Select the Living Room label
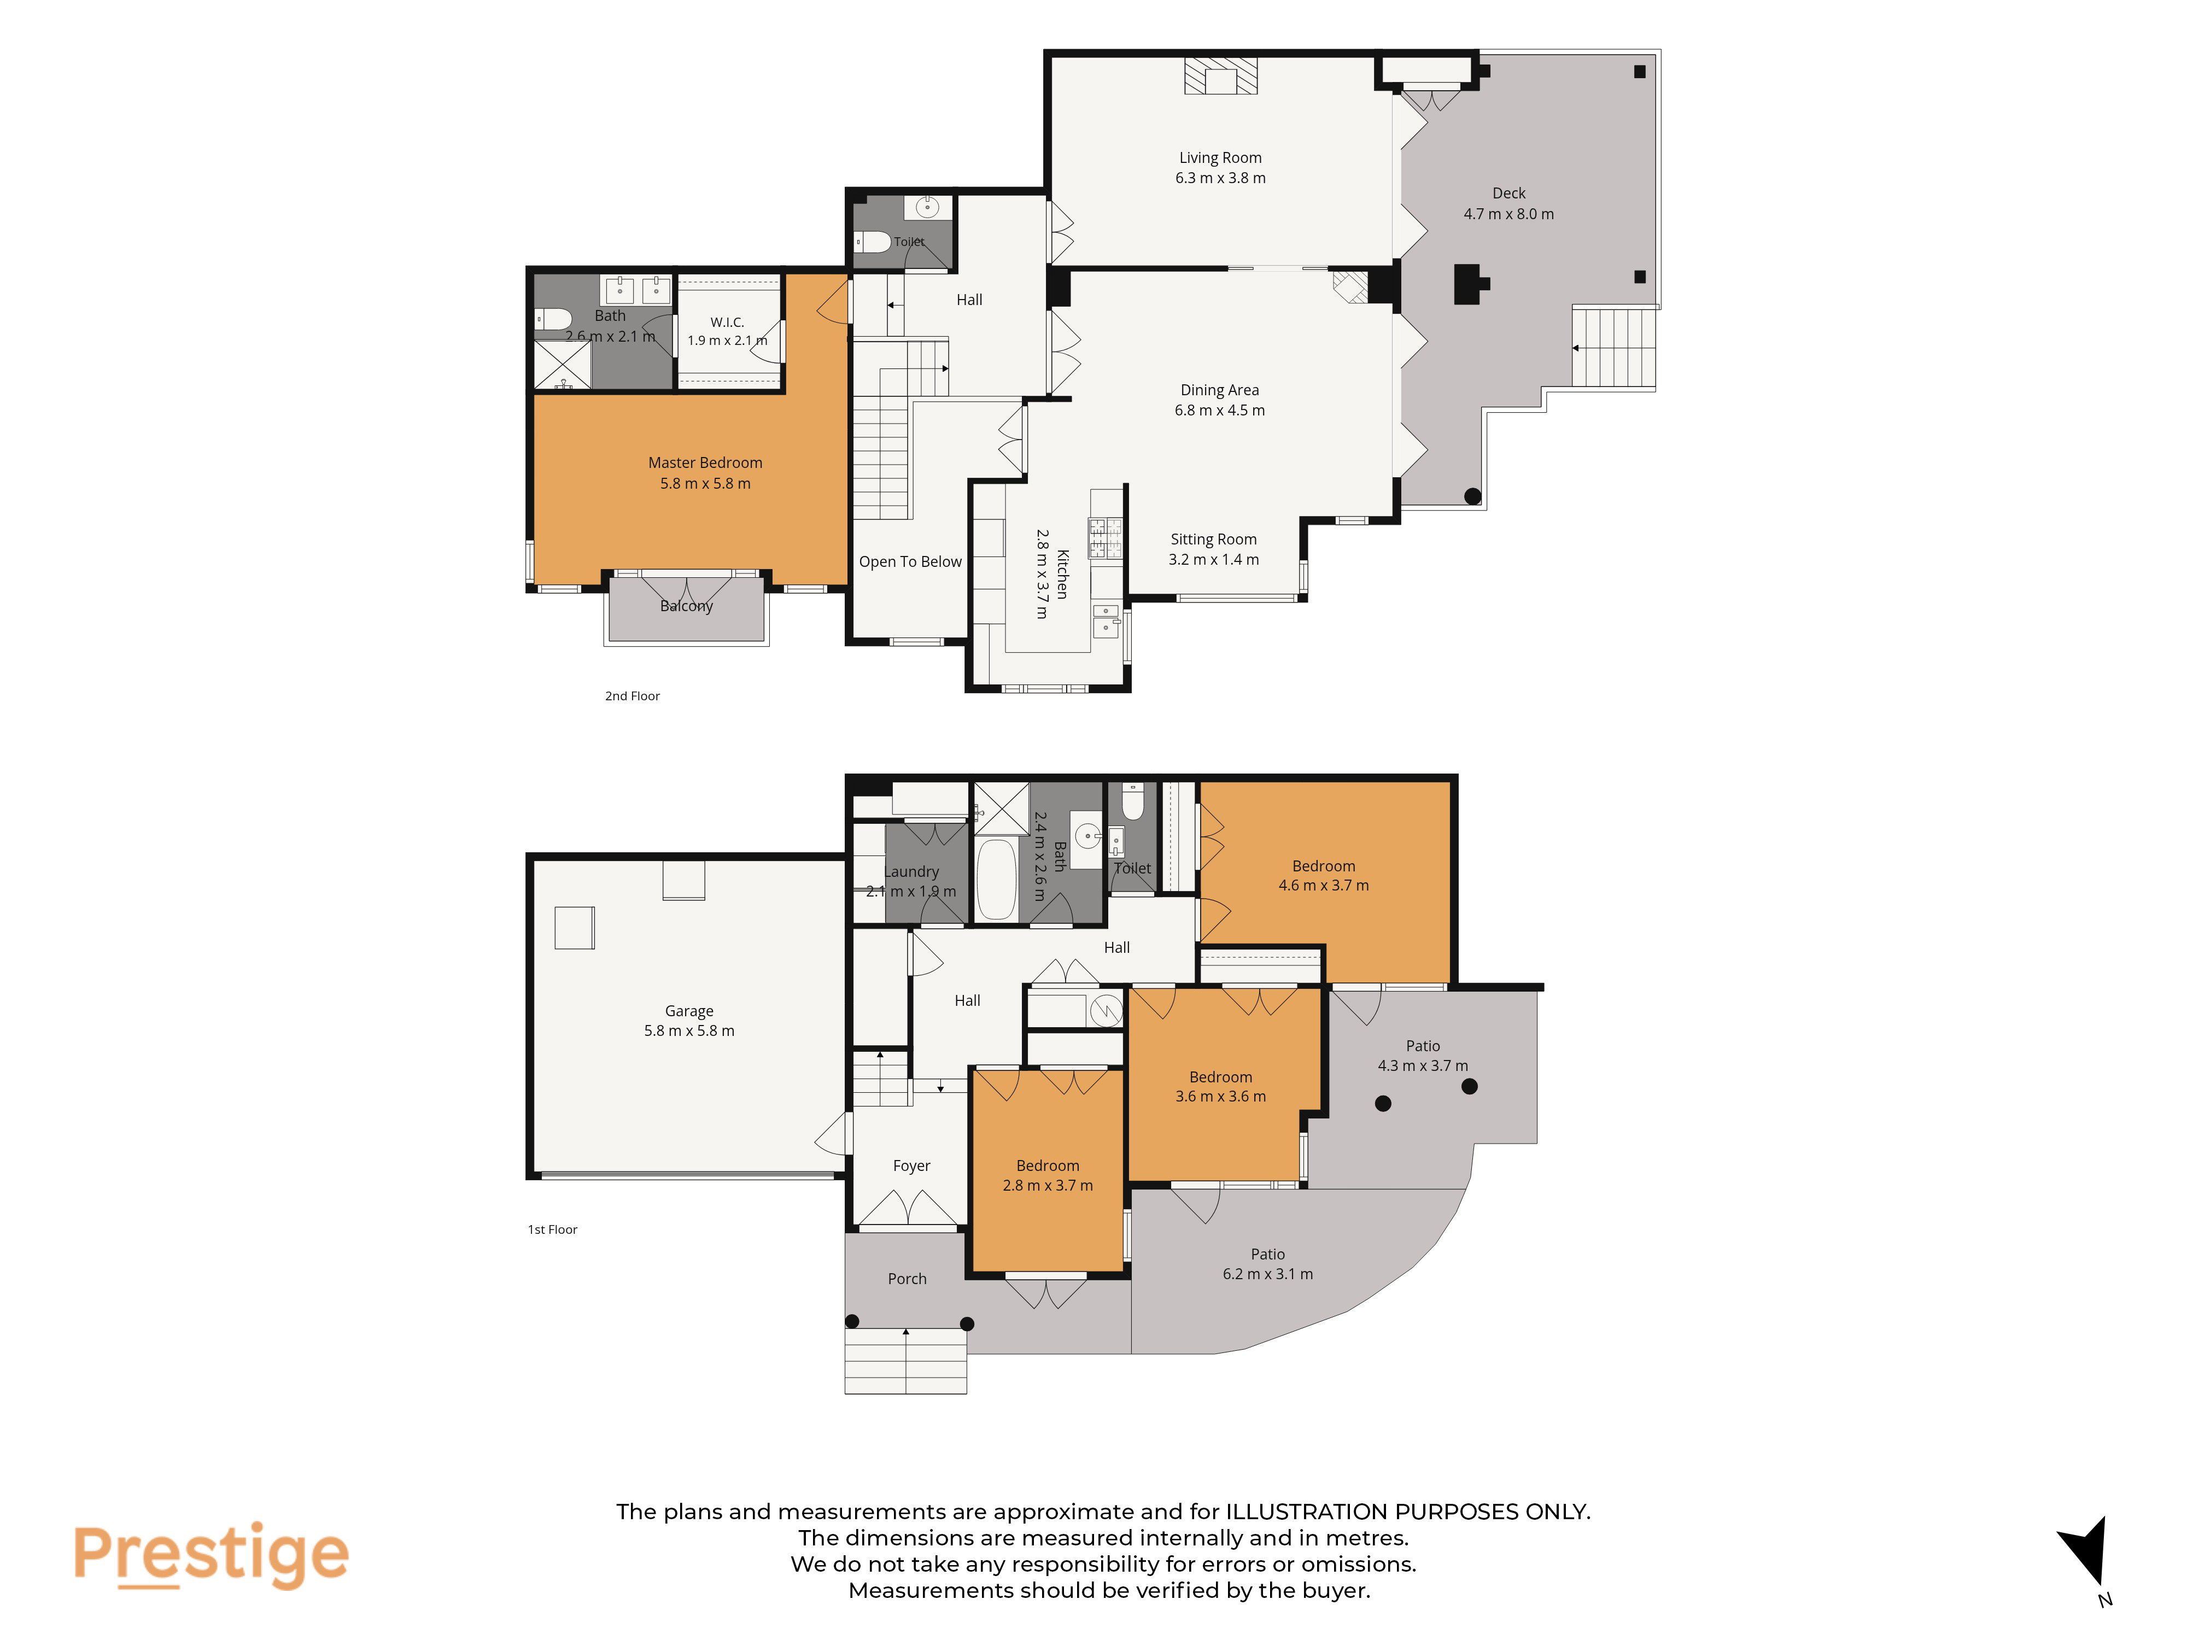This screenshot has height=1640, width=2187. (x=1220, y=158)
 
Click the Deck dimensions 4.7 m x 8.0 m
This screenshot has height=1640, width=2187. (x=1508, y=214)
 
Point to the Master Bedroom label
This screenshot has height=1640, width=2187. (x=705, y=462)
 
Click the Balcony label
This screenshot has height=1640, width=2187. (x=686, y=606)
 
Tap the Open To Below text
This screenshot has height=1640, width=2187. (x=910, y=561)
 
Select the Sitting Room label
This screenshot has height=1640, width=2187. (x=1213, y=540)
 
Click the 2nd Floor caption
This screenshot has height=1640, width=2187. (x=633, y=696)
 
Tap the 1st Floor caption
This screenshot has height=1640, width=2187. (x=553, y=1230)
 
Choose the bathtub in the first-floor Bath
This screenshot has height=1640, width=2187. (x=997, y=880)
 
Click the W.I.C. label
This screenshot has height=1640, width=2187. (x=727, y=323)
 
